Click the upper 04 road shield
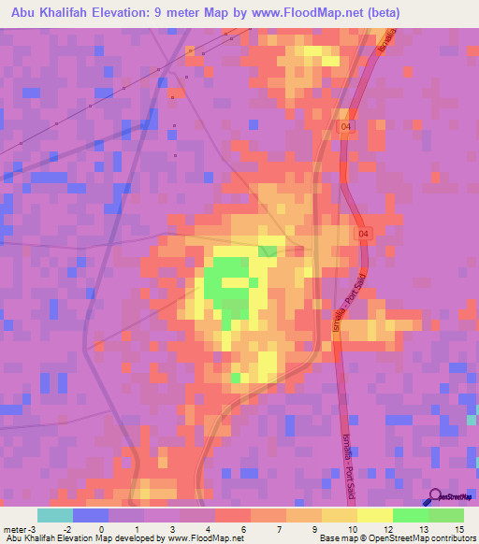coord(346,125)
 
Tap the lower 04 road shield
coord(364,233)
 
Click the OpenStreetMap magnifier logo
coord(433,496)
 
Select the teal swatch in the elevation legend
coord(54,515)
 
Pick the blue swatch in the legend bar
coord(90,515)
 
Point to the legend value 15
coord(458,531)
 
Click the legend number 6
coord(243,531)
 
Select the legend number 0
coord(101,531)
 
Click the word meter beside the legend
coord(14,531)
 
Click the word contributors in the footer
coord(448,539)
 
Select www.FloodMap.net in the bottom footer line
coord(203,539)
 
